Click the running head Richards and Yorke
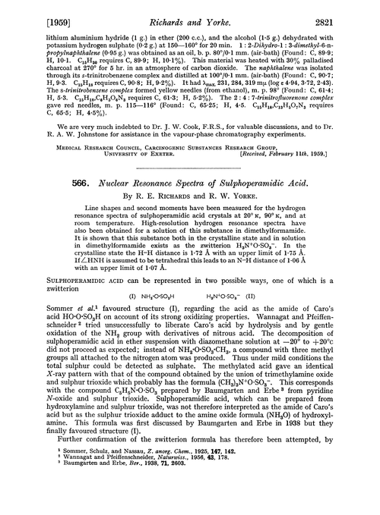pos(191,11)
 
